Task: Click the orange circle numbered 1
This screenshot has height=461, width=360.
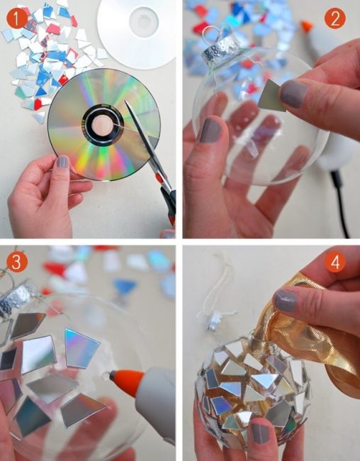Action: coord(17,18)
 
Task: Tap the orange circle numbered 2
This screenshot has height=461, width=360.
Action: coord(335,18)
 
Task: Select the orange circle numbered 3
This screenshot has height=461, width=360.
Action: coord(17,262)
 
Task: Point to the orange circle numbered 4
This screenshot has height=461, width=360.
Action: coord(335,262)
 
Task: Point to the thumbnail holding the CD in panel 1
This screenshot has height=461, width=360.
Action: coord(62,162)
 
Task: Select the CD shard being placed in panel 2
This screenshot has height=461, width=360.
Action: coord(273,96)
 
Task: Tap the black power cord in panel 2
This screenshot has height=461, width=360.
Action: coord(340,203)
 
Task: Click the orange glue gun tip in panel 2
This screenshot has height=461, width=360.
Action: coord(306,26)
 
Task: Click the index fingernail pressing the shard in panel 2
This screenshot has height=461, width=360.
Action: coord(293,94)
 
